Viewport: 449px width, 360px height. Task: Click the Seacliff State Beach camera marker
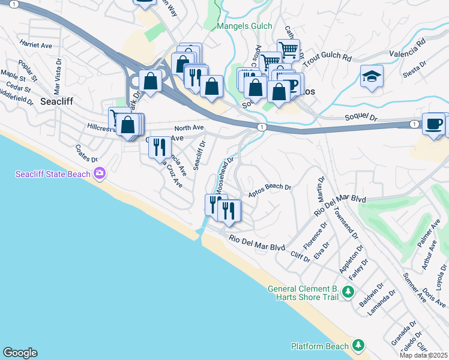click(x=100, y=174)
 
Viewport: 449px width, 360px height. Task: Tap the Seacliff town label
click(x=56, y=101)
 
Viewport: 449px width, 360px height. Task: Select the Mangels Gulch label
click(x=244, y=26)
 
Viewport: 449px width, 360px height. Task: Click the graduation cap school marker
click(x=372, y=76)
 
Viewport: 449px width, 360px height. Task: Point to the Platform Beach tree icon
click(x=358, y=346)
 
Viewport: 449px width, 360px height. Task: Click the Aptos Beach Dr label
click(x=270, y=188)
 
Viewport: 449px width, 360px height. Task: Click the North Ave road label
click(x=189, y=128)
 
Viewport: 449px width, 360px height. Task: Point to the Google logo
click(x=20, y=353)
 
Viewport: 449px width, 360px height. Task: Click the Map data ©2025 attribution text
click(x=423, y=355)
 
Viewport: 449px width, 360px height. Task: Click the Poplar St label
click(x=28, y=70)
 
